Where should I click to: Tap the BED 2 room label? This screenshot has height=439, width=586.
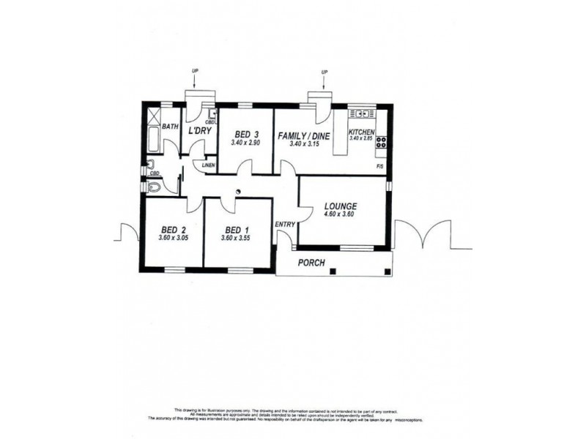point(172,228)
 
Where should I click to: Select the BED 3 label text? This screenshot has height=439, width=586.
point(246,134)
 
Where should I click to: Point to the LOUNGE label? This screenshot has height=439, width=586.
point(340,206)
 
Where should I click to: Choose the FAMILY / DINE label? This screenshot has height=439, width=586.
point(303,135)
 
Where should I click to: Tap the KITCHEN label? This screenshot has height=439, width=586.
point(362,132)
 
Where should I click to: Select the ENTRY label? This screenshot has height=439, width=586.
point(284,224)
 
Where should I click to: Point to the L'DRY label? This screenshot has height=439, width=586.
point(199,131)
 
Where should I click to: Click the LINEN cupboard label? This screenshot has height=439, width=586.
point(208,166)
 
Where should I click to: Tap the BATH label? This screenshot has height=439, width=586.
point(170,127)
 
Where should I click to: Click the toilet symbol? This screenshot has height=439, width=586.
point(153,187)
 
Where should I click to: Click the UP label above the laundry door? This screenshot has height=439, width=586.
point(195,70)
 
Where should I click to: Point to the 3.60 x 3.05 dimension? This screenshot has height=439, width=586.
point(172,238)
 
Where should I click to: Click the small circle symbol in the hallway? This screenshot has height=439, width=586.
point(238,192)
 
